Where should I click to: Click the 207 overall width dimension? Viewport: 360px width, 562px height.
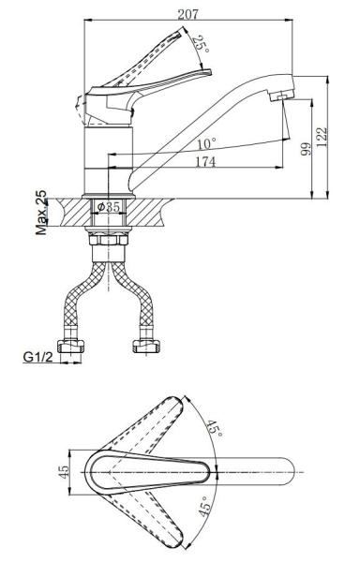pyautogui.click(x=187, y=14)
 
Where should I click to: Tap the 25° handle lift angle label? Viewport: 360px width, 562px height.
pyautogui.click(x=201, y=45)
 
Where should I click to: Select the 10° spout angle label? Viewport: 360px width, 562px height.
pyautogui.click(x=207, y=144)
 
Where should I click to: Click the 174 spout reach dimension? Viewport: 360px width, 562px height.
pyautogui.click(x=205, y=162)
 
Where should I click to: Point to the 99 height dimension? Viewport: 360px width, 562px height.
pyautogui.click(x=306, y=149)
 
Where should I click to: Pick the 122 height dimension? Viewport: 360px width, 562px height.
pyautogui.click(x=322, y=137)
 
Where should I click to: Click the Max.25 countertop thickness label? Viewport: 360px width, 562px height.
pyautogui.click(x=41, y=213)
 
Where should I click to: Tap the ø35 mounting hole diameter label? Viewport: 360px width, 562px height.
pyautogui.click(x=109, y=207)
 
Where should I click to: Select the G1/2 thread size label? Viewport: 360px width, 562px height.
pyautogui.click(x=37, y=357)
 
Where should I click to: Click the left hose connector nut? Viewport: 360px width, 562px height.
pyautogui.click(x=71, y=347)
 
